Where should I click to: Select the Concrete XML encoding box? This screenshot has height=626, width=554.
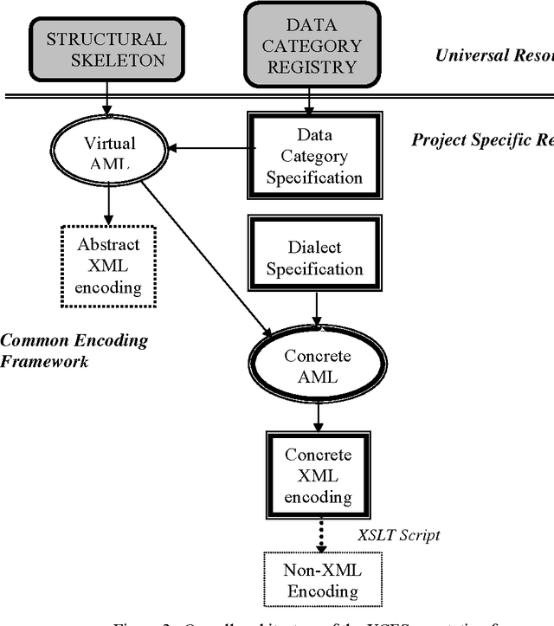pyautogui.click(x=318, y=475)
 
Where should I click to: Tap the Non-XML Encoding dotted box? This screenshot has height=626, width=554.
pyautogui.click(x=321, y=581)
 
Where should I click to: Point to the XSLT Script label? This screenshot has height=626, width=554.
pyautogui.click(x=399, y=534)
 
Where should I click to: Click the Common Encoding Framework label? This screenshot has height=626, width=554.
pyautogui.click(x=74, y=350)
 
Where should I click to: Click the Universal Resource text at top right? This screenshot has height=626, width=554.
pyautogui.click(x=494, y=55)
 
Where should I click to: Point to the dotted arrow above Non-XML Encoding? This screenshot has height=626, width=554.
pyautogui.click(x=321, y=532)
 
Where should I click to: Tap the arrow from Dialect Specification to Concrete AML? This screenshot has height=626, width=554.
pyautogui.click(x=318, y=311)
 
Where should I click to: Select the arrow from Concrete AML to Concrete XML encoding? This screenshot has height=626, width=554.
pyautogui.click(x=318, y=416)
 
